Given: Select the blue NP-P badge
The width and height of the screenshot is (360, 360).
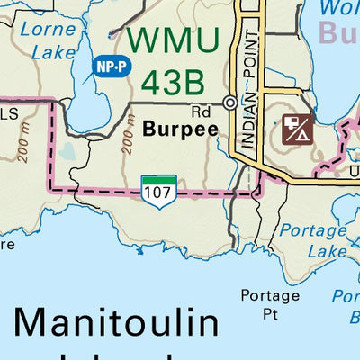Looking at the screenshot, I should click(108, 66).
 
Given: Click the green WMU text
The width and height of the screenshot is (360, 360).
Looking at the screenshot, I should click(173, 39).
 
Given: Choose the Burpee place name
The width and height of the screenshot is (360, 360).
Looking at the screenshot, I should click(180, 129).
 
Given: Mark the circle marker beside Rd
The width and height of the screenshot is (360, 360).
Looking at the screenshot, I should click(230, 103).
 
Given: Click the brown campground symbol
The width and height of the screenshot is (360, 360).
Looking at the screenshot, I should click(297, 129).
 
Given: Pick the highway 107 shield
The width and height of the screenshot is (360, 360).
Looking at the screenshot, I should click(157, 192).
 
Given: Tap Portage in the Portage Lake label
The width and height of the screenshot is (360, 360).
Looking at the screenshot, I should click(312, 230).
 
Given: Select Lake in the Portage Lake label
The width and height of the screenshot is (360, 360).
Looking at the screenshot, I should click(327, 251).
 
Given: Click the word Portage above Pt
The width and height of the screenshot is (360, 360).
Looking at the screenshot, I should click(270, 295).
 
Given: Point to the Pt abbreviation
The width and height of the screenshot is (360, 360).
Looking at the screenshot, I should click(270, 314).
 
